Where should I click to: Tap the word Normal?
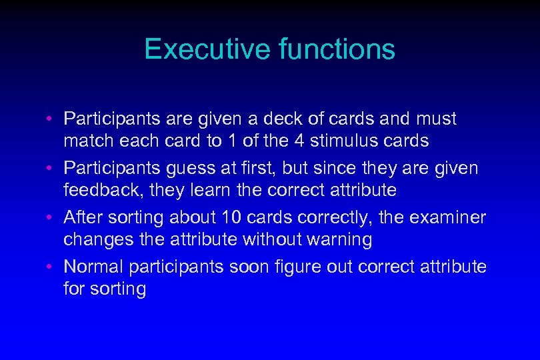pos(93,267)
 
